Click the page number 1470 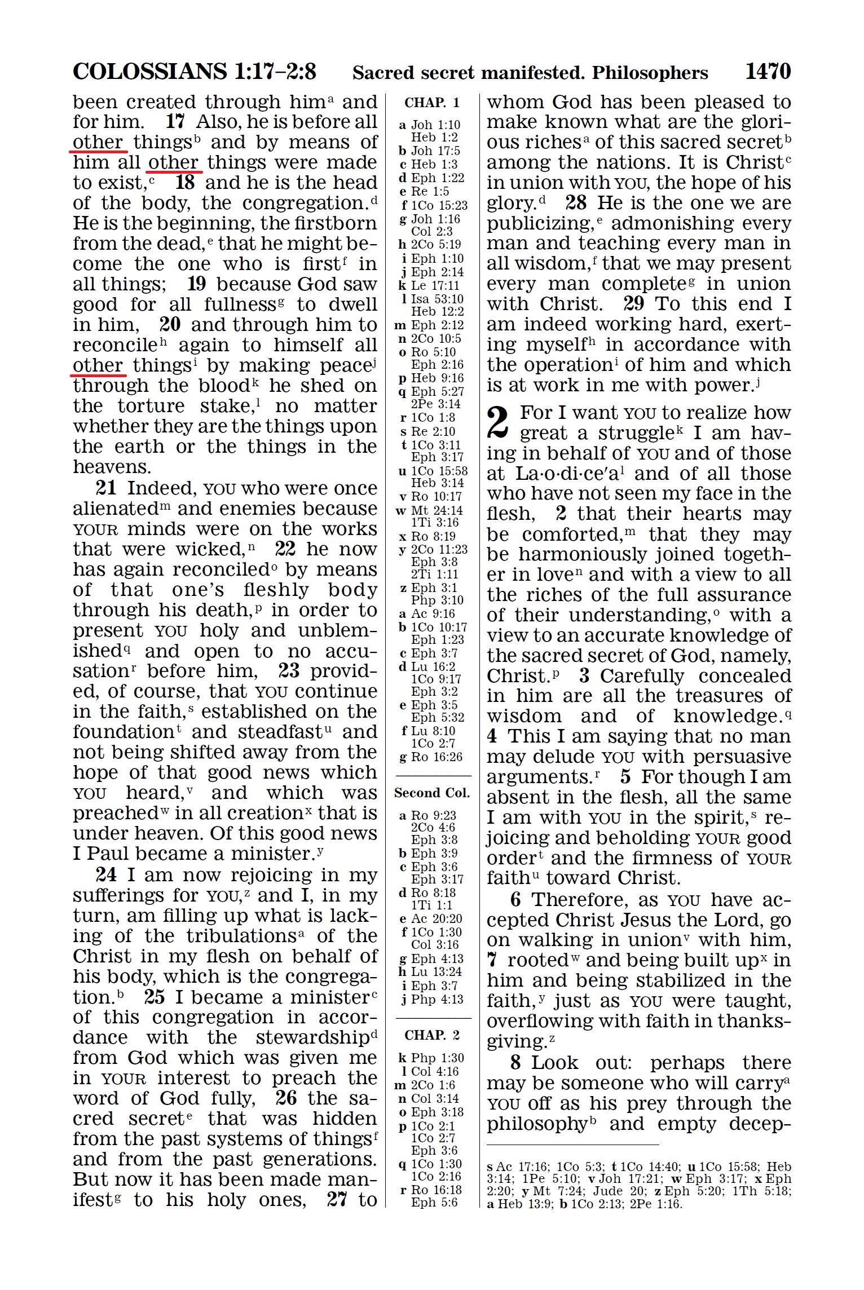(768, 72)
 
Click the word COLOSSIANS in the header (149, 72)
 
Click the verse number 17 (175, 121)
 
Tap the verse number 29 (633, 304)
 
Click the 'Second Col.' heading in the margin (432, 793)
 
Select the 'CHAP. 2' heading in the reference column (432, 1035)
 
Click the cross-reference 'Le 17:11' (435, 285)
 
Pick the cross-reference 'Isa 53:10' (437, 299)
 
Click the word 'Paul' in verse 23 (102, 854)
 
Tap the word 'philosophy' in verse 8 (537, 1124)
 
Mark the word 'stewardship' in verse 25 (312, 1037)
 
